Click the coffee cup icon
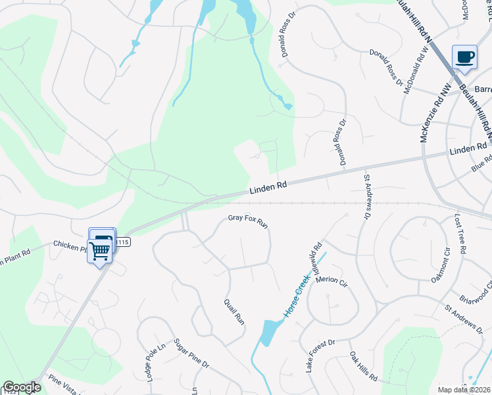coord(465,57)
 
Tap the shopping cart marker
coord(99,251)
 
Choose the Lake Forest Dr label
coord(320,356)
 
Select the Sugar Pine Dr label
coord(191,354)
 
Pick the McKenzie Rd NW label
coord(428,119)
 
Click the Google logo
coord(22,388)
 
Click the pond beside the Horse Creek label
coord(270,332)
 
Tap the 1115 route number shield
coord(123,242)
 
